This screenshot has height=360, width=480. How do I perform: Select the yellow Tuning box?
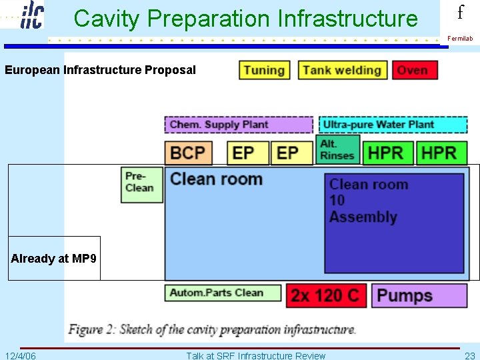265,70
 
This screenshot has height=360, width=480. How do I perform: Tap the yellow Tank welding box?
342,70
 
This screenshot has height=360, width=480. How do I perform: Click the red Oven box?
415,70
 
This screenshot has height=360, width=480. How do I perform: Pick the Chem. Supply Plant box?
239,125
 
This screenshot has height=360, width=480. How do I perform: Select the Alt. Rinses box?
338,150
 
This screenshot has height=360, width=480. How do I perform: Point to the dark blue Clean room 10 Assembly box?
394,223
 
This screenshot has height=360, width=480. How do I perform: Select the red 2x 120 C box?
326,295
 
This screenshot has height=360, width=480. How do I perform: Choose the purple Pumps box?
419,295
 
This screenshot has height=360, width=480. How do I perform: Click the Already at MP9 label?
54,259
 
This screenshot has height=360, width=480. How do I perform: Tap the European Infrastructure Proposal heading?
100,70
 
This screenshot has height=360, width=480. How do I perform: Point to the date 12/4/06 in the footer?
21,355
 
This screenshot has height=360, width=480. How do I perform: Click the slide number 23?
469,355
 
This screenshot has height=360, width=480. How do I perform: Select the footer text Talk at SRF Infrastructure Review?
255,355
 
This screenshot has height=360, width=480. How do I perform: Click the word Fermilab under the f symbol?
460,39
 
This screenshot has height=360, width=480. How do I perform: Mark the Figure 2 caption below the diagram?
212,329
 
